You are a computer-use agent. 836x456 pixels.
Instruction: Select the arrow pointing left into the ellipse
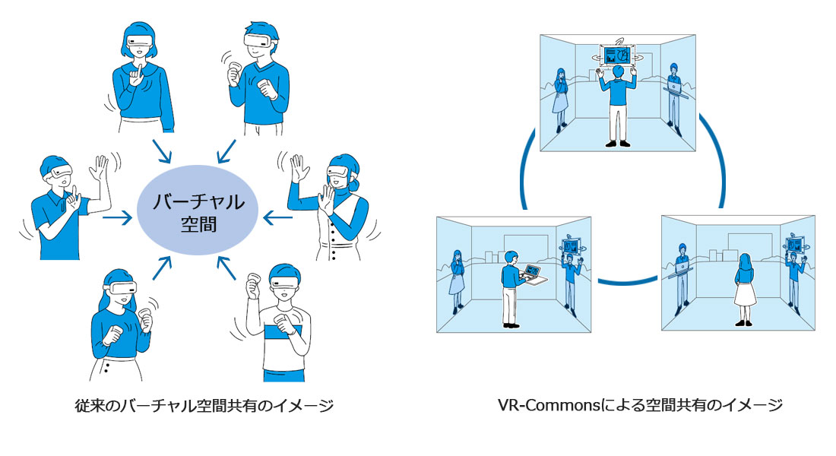[277, 219]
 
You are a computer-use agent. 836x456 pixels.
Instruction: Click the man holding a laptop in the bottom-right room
[682, 274]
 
